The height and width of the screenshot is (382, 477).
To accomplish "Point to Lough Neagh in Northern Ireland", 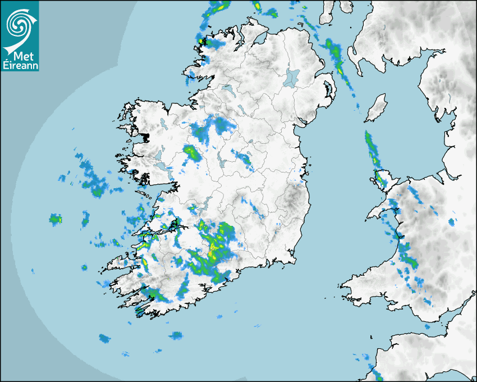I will pyautogui.click(x=292, y=78).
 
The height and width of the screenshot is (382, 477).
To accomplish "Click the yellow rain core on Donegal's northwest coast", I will pyautogui.click(x=203, y=41).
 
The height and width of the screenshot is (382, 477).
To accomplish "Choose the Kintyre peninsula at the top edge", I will pyautogui.click(x=326, y=14).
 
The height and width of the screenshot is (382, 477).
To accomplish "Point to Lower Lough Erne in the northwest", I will pyautogui.click(x=228, y=89).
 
